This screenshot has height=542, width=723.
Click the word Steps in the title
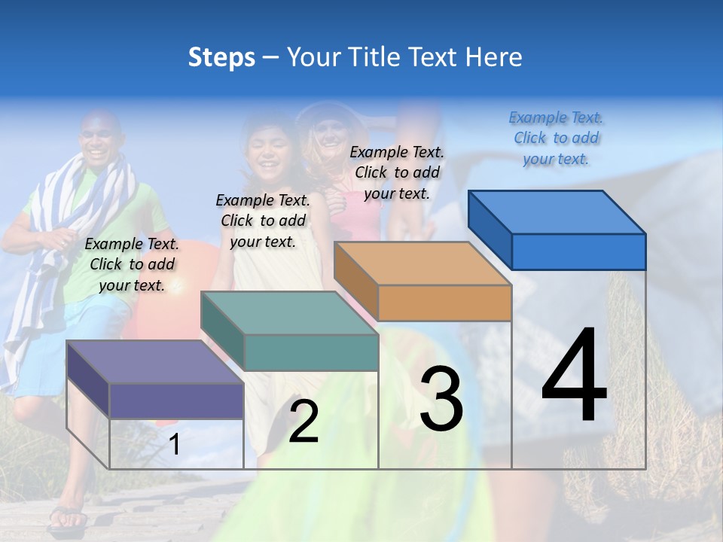coord(221,57)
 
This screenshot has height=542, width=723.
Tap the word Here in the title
coord(494,57)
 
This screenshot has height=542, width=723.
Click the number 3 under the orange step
coord(441,399)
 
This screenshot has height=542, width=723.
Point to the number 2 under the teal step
coord(304,422)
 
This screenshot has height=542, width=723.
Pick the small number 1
coord(175,444)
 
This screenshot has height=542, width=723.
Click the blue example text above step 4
coord(556,138)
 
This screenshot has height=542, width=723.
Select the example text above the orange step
coord(397,172)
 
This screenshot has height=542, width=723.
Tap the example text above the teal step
coord(263,221)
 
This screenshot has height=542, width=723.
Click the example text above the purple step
coord(132,264)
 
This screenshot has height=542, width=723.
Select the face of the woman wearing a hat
coord(328,135)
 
